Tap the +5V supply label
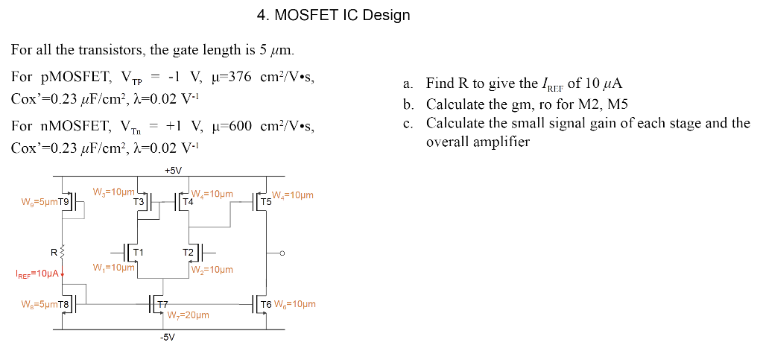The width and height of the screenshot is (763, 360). [173, 171]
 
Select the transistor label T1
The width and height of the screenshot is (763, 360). [138, 251]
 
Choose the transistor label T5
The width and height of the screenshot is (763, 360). [265, 202]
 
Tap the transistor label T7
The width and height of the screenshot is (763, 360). [162, 304]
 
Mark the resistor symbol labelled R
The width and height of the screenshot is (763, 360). [64, 250]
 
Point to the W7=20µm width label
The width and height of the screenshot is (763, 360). [189, 315]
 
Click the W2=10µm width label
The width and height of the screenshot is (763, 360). [212, 270]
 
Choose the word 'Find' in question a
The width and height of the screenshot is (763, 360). [439, 83]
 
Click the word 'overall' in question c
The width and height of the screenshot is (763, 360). [448, 141]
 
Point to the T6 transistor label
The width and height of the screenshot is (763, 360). [264, 304]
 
